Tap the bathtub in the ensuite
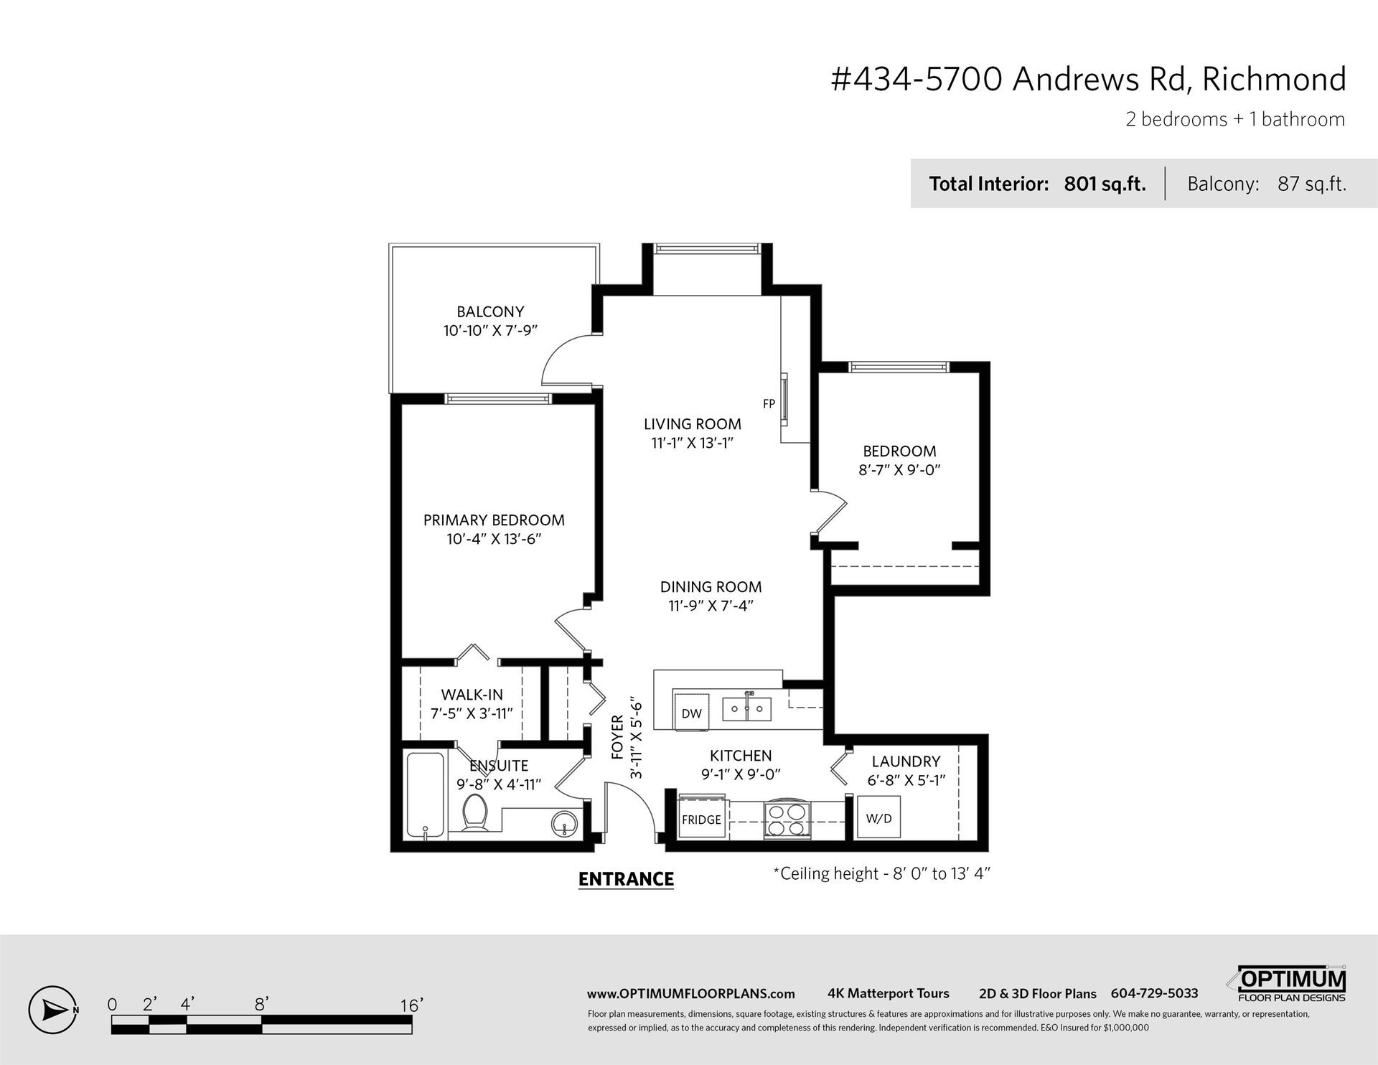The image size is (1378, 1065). tap(426, 795)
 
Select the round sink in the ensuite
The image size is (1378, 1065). tap(566, 824)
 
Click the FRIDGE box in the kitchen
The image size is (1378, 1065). tap(701, 819)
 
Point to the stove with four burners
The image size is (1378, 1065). tap(787, 819)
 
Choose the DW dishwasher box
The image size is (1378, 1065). tap(691, 713)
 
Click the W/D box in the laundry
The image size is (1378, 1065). tap(879, 817)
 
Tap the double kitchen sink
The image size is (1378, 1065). tap(746, 709)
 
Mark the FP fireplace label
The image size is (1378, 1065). tap(769, 404)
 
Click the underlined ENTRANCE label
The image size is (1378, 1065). tap(626, 879)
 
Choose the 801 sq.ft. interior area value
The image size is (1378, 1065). tap(1105, 184)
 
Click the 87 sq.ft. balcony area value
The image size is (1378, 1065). tap(1311, 184)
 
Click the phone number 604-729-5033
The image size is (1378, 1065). tap(1154, 994)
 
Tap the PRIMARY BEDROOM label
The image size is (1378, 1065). tap(494, 520)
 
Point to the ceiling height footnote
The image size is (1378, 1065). tap(882, 873)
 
